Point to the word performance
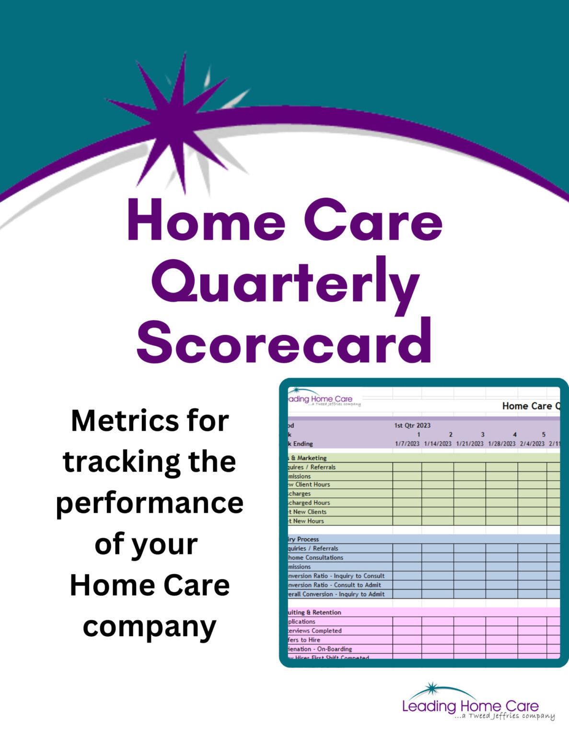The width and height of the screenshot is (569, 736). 150,503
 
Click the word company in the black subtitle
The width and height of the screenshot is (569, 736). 150,627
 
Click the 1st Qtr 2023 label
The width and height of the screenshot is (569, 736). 412,425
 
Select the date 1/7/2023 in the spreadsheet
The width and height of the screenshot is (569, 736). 407,444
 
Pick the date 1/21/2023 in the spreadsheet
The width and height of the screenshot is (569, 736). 470,444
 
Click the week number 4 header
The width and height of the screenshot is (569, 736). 515,435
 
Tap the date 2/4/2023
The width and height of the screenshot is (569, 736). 532,444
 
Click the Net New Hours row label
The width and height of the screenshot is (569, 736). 307,521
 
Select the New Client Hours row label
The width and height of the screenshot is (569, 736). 310,484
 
